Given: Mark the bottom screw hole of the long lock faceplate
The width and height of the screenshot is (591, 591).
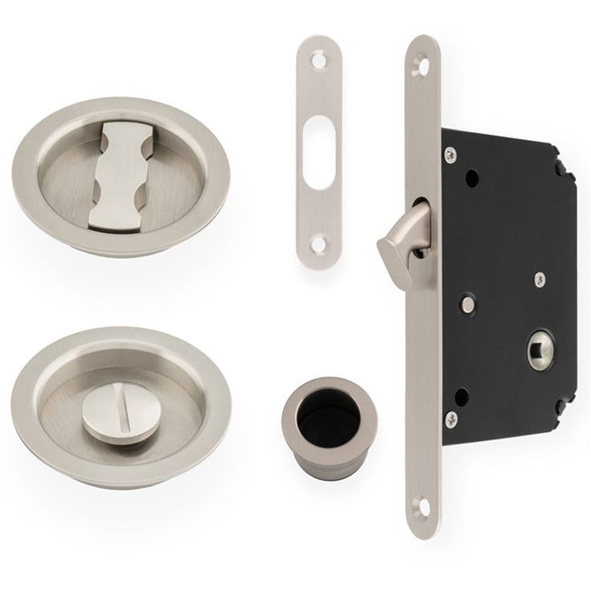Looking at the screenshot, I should [x=420, y=506].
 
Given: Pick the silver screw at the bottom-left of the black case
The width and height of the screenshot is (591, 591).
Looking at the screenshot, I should [x=452, y=418].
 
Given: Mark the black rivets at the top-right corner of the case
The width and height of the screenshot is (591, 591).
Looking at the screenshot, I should [x=561, y=168].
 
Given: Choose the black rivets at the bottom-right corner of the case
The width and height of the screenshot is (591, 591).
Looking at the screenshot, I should [x=560, y=407].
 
